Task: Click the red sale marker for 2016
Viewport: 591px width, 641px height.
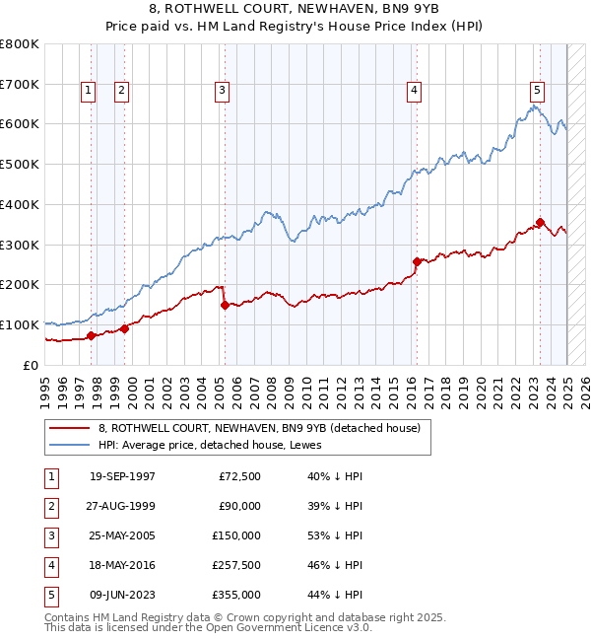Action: [x=417, y=261]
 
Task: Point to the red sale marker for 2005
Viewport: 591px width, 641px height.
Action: [x=225, y=305]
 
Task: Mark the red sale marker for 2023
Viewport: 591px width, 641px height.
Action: [x=540, y=222]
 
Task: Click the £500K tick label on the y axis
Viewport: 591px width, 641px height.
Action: [x=19, y=164]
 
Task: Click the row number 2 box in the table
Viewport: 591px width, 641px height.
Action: [x=49, y=507]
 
